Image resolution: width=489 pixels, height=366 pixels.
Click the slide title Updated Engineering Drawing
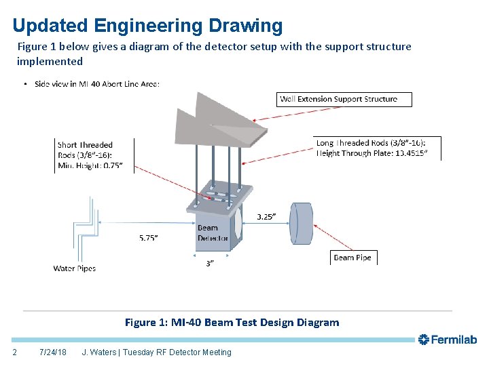pos(147,26)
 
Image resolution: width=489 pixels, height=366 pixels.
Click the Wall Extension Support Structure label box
pos(345,99)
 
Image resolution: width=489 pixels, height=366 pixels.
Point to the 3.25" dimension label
pos(266,217)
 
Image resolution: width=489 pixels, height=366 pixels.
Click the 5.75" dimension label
pos(148,238)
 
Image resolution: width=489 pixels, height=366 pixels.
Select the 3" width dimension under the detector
pos(210,264)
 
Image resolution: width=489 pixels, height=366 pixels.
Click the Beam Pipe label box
pos(353,258)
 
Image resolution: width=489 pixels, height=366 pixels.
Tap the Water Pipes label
pos(75,268)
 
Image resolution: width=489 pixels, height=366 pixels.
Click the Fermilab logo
pos(448,340)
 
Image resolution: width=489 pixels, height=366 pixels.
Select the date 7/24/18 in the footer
pos(53,352)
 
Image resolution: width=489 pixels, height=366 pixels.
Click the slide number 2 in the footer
pos(15,352)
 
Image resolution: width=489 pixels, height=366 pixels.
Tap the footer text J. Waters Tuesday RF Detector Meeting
pos(156,352)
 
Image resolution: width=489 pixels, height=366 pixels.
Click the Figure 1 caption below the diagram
pos(232,323)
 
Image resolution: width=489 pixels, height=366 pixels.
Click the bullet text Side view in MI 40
pos(96,84)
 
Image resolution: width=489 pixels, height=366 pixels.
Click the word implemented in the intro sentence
pos(50,62)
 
